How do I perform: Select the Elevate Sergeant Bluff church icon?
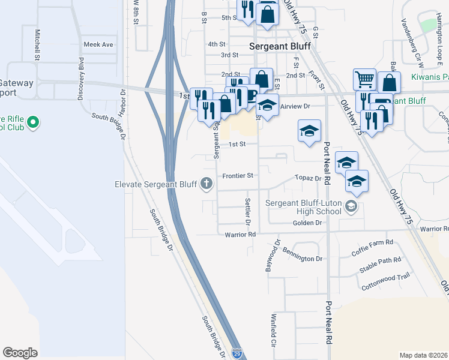pos(207,184)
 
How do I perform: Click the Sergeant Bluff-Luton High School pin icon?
pos(351,207)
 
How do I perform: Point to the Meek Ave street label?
pos(98,44)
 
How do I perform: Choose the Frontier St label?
pos(238,176)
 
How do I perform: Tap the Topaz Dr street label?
pos(309,178)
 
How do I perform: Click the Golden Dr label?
pos(307,223)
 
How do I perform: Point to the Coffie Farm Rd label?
pos(373,242)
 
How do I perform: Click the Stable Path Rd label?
pos(380,260)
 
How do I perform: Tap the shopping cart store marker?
pos(364,79)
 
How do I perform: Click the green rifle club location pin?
pos(33,124)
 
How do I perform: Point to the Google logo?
pos(20,353)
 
